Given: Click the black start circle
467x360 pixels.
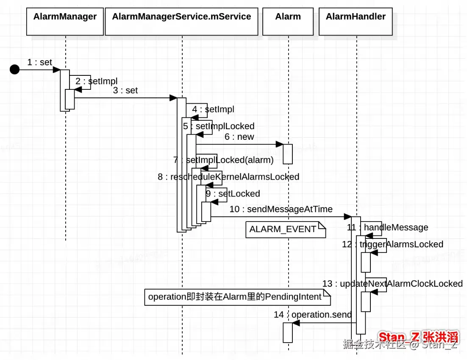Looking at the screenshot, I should [15, 69].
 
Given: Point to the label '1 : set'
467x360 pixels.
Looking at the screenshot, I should [39, 62].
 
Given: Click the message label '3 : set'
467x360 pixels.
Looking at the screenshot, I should [125, 90].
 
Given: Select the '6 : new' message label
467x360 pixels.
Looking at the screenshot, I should [239, 136].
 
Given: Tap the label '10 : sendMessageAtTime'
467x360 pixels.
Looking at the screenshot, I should [281, 209].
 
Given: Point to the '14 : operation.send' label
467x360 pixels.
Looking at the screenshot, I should [313, 315].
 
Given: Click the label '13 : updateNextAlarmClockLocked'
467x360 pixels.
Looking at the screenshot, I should [392, 283].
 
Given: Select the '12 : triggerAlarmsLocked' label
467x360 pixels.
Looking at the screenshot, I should [392, 244].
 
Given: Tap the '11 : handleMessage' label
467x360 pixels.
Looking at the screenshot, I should [387, 227].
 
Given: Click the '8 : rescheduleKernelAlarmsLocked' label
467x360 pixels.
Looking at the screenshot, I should [228, 177].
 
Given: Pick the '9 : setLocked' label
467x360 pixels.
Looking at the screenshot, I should [233, 194].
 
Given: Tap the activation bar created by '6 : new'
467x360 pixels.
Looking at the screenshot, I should [288, 154].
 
